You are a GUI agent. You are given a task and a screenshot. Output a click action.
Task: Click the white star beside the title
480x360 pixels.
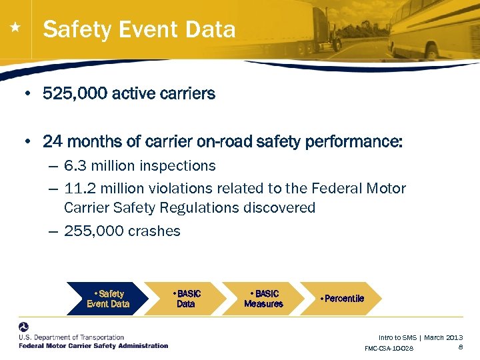(x=15, y=29)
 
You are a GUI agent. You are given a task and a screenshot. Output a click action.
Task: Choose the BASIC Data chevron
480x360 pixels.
(x=186, y=299)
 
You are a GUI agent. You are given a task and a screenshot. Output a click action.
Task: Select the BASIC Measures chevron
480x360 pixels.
(x=263, y=299)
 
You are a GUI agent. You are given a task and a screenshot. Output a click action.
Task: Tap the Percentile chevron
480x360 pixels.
(x=341, y=299)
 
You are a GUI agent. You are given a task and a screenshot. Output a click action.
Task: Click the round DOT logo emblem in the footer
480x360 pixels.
(x=24, y=328)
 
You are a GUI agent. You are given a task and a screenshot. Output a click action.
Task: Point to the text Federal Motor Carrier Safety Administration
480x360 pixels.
(x=93, y=346)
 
